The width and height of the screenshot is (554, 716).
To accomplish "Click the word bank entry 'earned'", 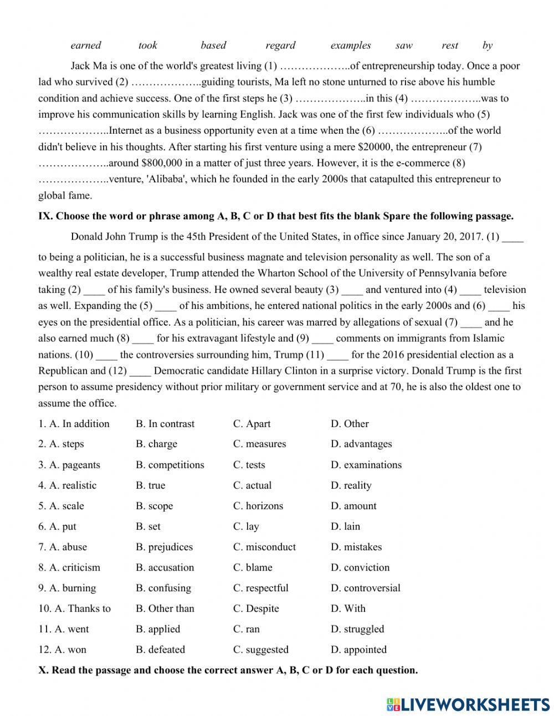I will tap(86, 45).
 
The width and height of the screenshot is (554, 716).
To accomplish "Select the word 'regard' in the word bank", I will tap(280, 45).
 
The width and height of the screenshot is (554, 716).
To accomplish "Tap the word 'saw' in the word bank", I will tap(404, 45).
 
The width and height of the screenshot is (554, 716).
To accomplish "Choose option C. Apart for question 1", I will tap(252, 424).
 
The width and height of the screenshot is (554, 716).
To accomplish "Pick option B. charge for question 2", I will tap(157, 444).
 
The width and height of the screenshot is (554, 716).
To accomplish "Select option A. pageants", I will tap(69, 465).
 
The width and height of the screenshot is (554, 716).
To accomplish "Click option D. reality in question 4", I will tap(351, 485).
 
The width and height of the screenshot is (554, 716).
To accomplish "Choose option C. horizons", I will tap(258, 506).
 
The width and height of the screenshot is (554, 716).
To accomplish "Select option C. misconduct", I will tap(265, 547).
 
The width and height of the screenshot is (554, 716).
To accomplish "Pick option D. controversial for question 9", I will tap(366, 588).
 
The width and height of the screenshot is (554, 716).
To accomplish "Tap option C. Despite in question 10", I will tap(256, 608).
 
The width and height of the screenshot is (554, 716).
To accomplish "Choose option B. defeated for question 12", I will tap(161, 649).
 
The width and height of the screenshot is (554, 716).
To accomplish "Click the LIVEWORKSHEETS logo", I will tap(468, 704).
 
